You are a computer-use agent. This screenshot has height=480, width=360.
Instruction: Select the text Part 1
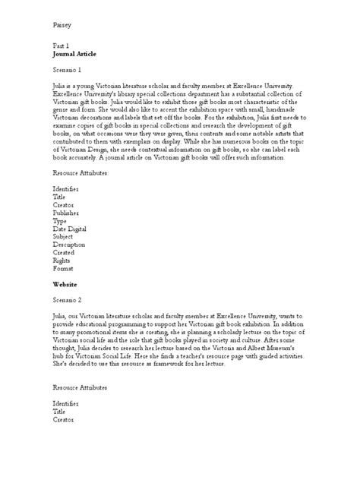tap(61, 46)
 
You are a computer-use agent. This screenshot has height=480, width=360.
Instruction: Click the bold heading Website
tap(65, 283)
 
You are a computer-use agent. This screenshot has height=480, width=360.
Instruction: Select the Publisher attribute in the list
tap(67, 213)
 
